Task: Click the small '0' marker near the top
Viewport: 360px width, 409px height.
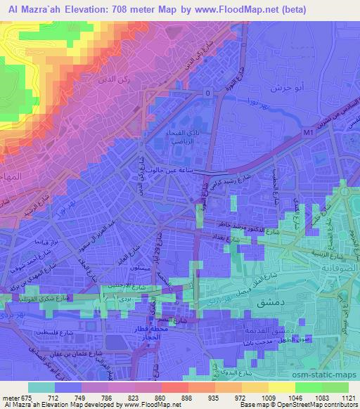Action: coord(207,93)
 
